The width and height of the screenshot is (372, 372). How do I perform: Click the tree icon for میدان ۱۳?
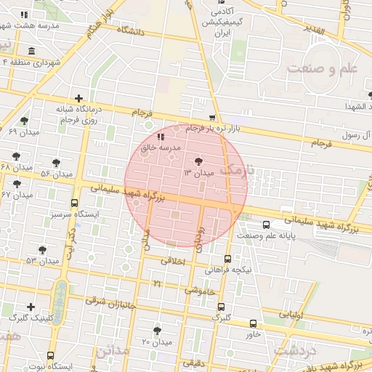pos(199,161)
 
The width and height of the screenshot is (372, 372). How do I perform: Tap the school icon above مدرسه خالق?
pos(161,136)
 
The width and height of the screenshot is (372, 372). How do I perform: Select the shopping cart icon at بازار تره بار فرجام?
pos(211,118)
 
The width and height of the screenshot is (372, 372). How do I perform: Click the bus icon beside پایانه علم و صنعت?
pos(265,225)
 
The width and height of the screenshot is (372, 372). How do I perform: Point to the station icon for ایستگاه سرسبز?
pos(74,204)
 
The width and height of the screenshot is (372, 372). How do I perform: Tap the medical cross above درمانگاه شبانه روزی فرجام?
pos(78,98)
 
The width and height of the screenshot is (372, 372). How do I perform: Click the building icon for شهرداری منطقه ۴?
pos(31,51)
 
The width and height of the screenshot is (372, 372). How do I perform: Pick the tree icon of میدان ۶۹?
pos(25,121)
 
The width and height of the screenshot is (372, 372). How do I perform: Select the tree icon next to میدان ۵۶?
pos(57,163)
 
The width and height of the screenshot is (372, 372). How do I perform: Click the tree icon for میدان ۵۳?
pos(43,248)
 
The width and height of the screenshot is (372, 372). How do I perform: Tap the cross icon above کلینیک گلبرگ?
pos(30,307)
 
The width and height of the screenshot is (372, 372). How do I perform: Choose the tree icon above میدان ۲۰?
pos(157,331)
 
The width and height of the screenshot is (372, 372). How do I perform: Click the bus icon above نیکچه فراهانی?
pos(228,258)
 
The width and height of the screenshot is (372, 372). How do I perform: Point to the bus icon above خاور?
pos(253,323)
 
